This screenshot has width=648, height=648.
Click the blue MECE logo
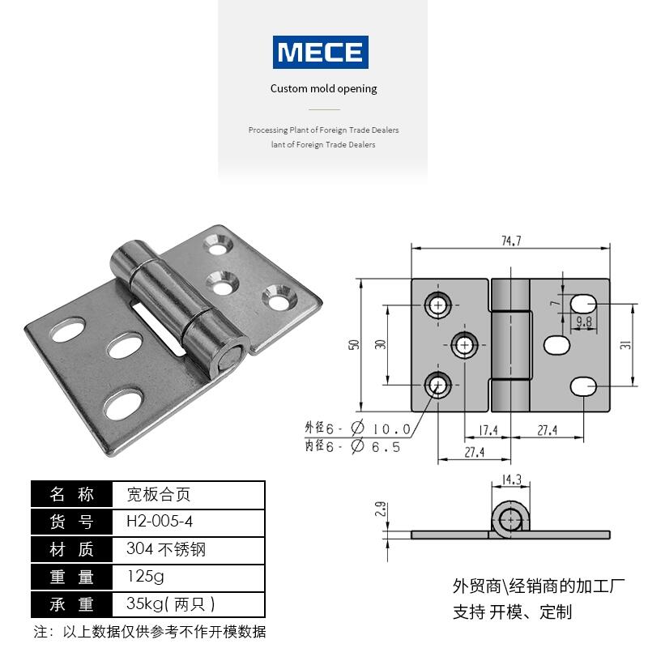321,52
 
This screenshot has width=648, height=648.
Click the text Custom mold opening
323,89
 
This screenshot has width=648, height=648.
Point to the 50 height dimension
353,344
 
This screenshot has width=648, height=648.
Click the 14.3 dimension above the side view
511,480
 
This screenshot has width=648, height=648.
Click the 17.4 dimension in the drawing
488,430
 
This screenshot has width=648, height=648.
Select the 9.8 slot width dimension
583,322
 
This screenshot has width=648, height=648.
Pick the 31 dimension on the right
625,344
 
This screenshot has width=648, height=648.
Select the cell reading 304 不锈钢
166,550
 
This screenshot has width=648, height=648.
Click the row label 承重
72,605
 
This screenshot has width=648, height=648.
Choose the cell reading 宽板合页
159,495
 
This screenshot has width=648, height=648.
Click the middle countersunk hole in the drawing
465,344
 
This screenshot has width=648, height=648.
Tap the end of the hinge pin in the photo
226,358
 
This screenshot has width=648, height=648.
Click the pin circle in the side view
511,520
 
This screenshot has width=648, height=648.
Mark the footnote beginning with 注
150,632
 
